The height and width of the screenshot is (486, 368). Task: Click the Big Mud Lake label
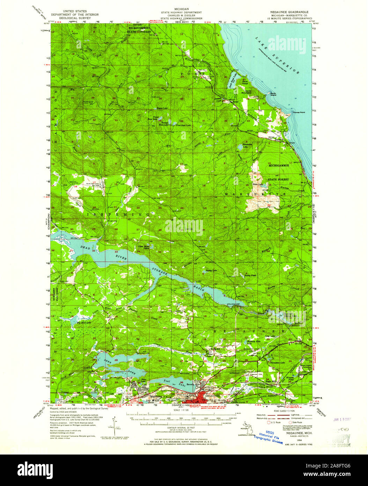(84, 323)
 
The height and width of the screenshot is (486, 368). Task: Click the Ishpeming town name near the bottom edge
(156, 396)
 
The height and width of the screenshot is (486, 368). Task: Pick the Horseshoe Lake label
(268, 362)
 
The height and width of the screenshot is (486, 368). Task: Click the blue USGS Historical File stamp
(268, 435)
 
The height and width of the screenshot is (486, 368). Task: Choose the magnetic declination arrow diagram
(113, 422)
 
